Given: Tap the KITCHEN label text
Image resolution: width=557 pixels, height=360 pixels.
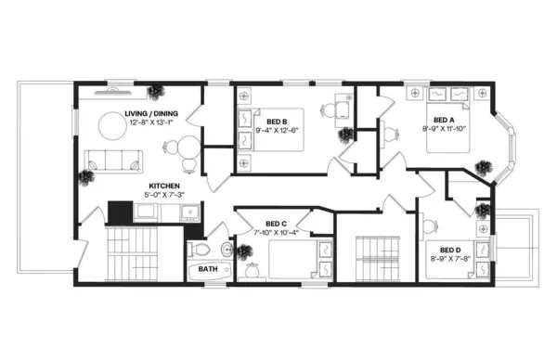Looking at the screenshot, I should [164, 186].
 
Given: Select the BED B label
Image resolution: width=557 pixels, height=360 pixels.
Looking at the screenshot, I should [276, 122].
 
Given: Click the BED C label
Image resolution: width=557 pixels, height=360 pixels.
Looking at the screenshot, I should [275, 223].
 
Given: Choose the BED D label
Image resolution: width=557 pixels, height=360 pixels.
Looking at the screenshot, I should [451, 250].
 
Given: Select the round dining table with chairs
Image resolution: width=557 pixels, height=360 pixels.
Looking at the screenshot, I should [184, 148].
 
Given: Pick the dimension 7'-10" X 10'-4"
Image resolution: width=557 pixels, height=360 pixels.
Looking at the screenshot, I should [276, 232].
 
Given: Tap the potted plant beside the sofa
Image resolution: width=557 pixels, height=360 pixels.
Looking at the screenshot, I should [87, 175].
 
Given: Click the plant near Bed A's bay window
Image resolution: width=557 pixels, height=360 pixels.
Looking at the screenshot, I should [483, 166].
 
